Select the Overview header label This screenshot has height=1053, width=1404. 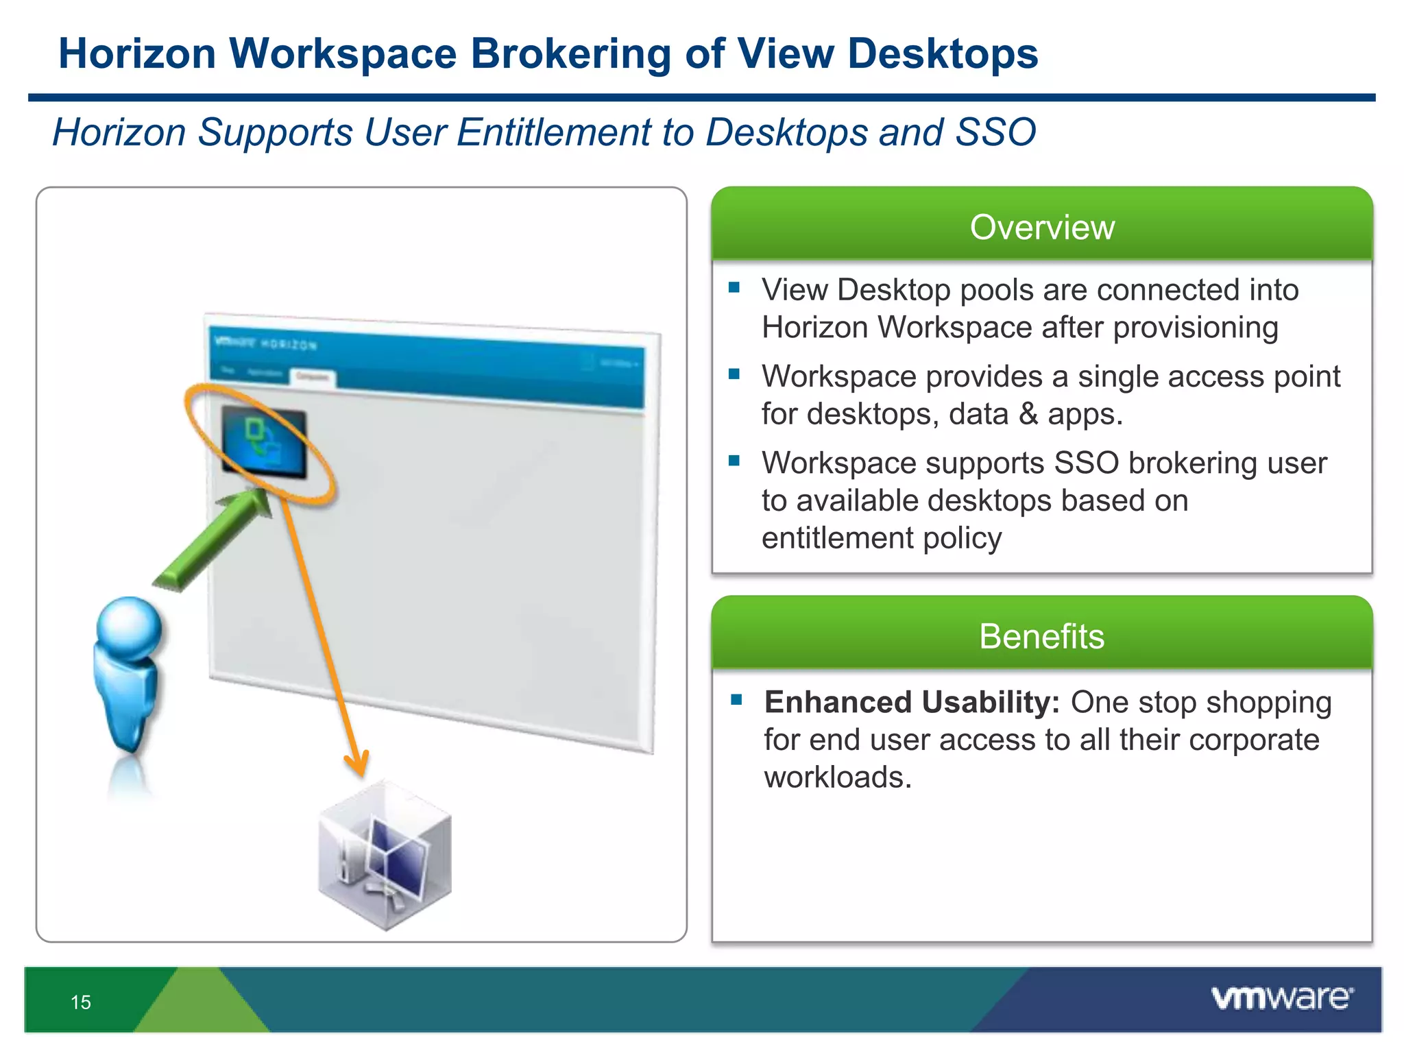pos(1042,227)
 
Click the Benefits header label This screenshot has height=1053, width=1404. pos(1041,636)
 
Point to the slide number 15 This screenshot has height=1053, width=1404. pos(81,1002)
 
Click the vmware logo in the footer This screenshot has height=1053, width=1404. pos(1282,997)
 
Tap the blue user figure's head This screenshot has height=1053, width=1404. pos(129,627)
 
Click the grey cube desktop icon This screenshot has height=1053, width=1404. pos(385,857)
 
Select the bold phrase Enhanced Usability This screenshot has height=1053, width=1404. pos(912,702)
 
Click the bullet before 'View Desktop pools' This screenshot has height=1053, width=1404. pos(734,288)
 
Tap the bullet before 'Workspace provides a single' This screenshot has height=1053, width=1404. pos(734,374)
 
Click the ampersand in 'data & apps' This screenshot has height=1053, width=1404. pos(1028,414)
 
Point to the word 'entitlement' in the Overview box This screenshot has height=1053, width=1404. pos(836,538)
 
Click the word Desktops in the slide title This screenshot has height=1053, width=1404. pos(943,53)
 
